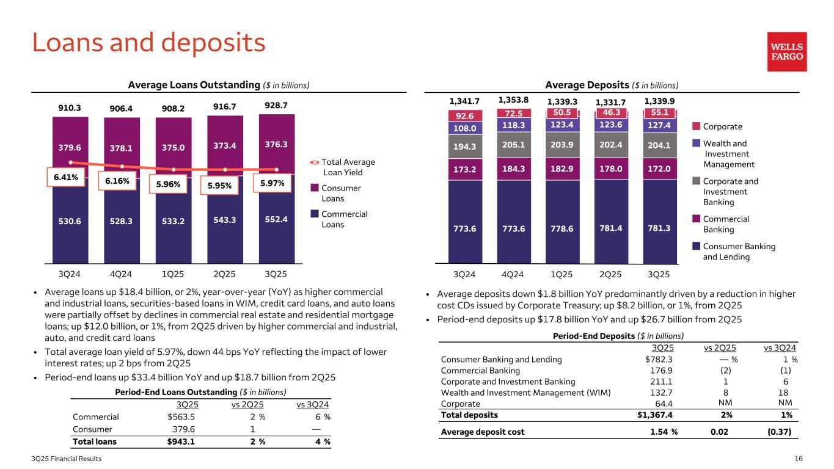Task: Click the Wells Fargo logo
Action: pos(787,52)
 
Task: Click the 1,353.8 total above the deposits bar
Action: pos(514,100)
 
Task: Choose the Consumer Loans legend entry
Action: pos(340,193)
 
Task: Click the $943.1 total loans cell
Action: pos(181,442)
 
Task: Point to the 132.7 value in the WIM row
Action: pos(659,393)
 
